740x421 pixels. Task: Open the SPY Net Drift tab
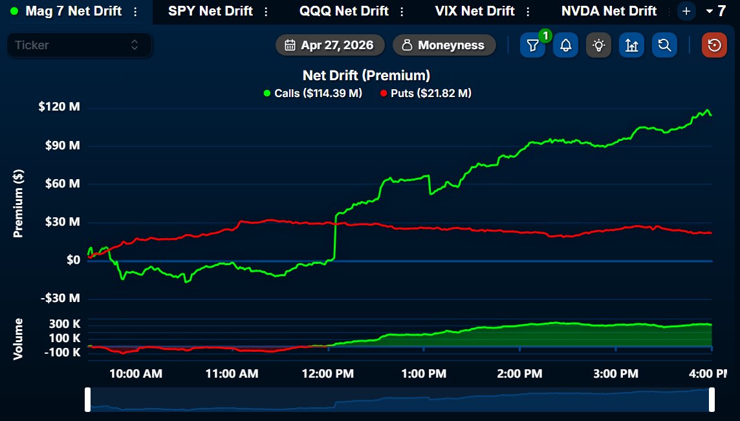210,11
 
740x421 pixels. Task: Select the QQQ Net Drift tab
343,11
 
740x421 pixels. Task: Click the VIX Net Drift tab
475,11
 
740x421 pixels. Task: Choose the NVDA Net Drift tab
609,11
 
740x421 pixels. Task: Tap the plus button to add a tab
686,11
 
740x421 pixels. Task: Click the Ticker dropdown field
79,45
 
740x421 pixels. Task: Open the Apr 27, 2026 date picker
330,45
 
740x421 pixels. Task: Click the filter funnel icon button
532,45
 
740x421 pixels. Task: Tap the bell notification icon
565,45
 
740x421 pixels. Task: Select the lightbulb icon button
599,45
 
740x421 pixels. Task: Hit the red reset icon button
714,45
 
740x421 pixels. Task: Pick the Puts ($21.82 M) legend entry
426,93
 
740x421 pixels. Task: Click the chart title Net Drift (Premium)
366,76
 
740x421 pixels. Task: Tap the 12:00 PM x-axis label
328,374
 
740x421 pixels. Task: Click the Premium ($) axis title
19,203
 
